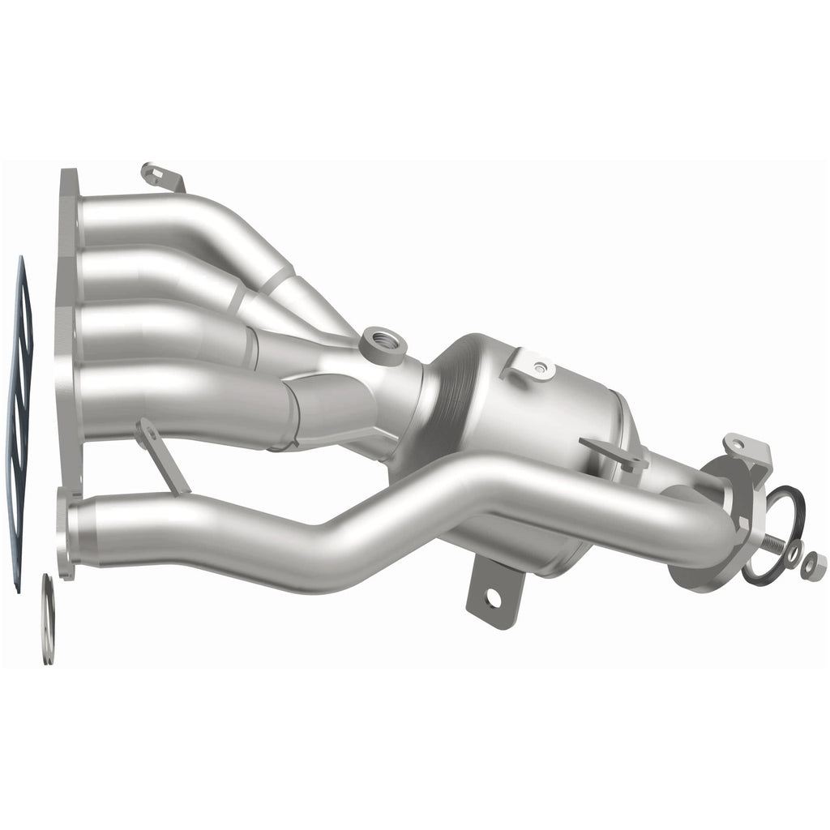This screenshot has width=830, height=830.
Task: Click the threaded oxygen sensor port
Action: pos(383,344)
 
